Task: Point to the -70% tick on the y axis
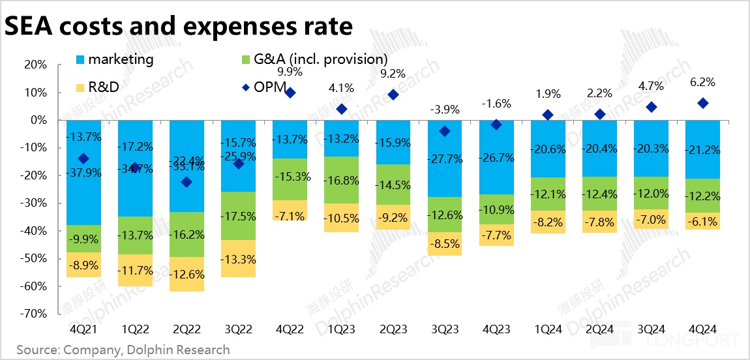33,314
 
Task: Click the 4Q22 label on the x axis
290,329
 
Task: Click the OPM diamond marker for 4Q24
702,103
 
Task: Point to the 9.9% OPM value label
290,71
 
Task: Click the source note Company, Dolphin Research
123,350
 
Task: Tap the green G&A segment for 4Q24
702,196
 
